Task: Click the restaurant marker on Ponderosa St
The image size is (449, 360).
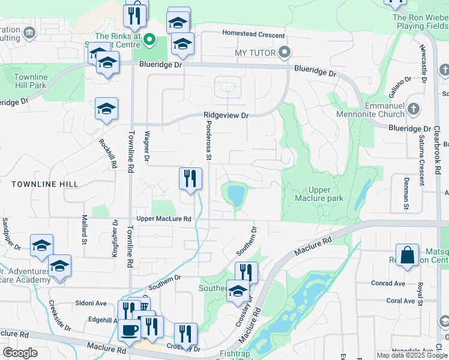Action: (x=190, y=178)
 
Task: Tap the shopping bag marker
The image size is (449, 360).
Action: (x=407, y=254)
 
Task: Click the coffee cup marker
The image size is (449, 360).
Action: (x=130, y=329)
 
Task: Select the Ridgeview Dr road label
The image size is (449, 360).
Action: (x=226, y=115)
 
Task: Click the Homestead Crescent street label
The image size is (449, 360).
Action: (x=253, y=34)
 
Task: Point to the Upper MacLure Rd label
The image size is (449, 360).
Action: (x=163, y=219)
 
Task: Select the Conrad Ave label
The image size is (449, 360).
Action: (x=388, y=283)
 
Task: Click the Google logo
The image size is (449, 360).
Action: (x=20, y=352)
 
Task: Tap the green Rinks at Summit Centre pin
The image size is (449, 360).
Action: (x=152, y=41)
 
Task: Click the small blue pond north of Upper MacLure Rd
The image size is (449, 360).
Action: (x=235, y=195)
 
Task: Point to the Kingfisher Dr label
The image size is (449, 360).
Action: (x=114, y=238)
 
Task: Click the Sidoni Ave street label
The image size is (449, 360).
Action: (x=91, y=303)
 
